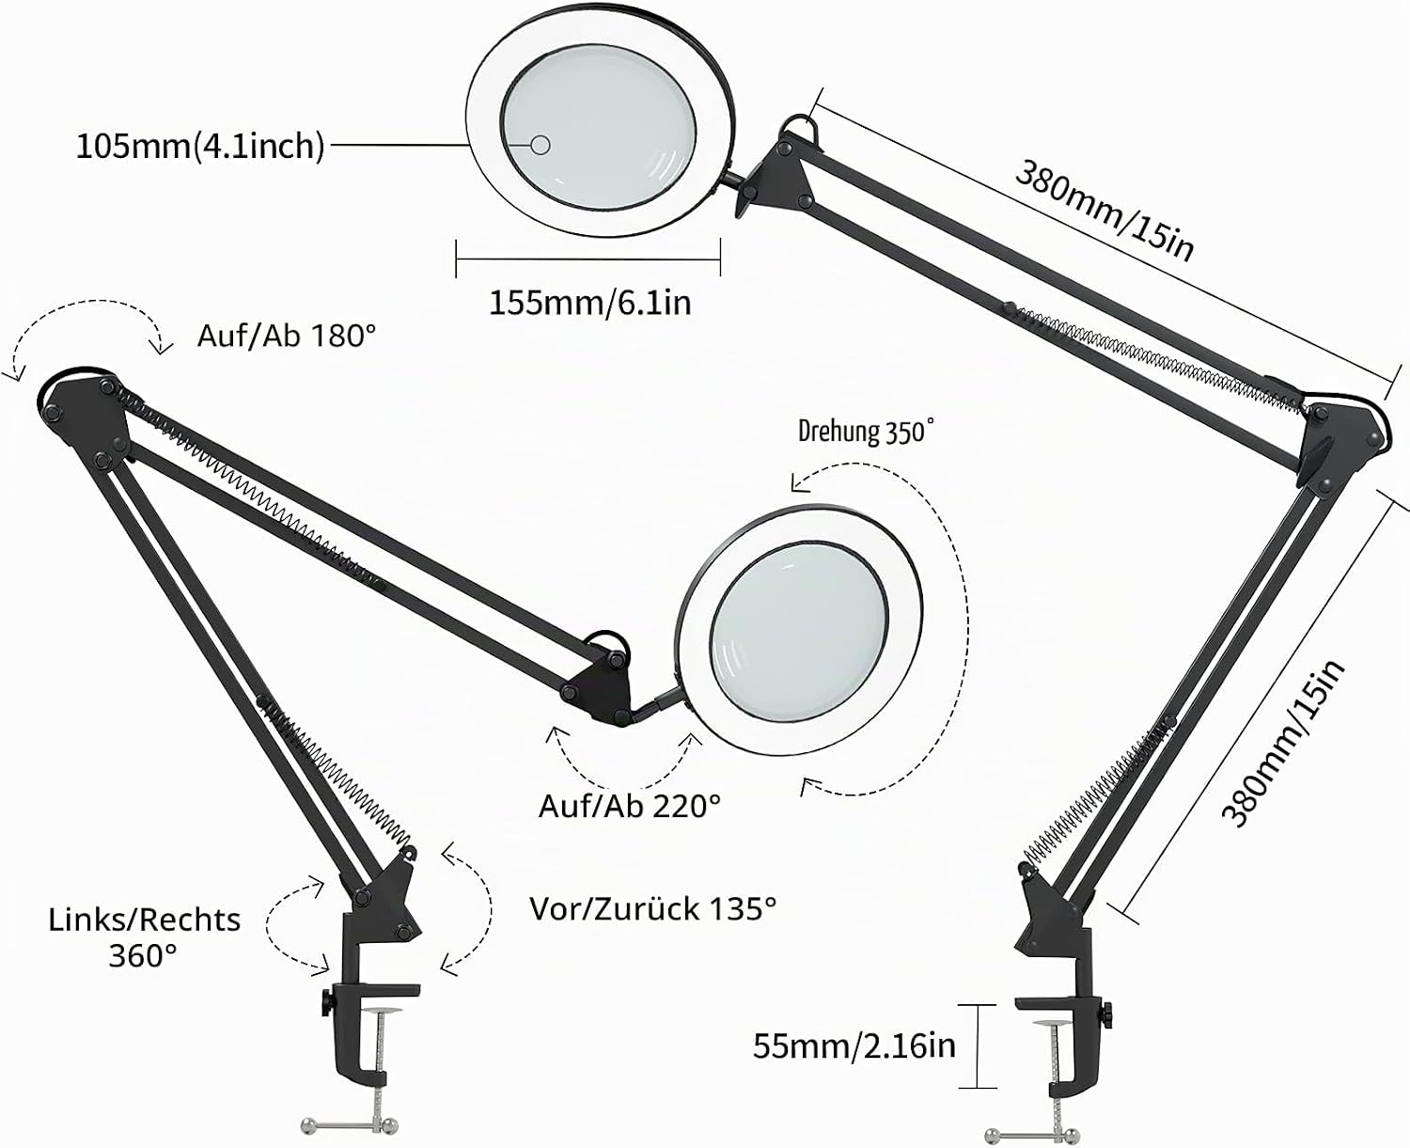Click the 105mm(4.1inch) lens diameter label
(200, 147)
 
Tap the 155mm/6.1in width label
(589, 304)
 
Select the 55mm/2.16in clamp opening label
(854, 1046)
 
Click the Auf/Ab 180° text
(287, 337)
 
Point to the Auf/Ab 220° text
(630, 806)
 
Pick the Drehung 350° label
(866, 431)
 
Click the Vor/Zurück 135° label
(652, 908)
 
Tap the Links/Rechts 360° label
(145, 937)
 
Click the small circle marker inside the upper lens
(540, 145)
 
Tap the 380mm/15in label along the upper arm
(1104, 211)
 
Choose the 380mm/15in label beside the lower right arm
(1283, 744)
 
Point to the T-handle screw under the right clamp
(1035, 1135)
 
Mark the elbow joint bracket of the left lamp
(83, 416)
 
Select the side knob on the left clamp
(326, 1003)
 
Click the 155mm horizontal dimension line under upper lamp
(587, 259)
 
